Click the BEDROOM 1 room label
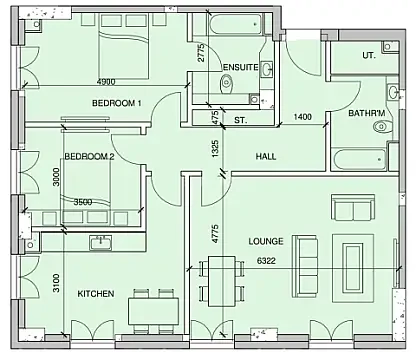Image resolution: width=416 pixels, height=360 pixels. coord(118,104)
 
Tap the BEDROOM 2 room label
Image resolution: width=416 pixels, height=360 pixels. coord(90,157)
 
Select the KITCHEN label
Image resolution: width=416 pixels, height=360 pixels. coord(96,293)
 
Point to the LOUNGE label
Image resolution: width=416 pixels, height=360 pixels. coord(266,242)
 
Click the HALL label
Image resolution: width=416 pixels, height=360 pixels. coord(265,157)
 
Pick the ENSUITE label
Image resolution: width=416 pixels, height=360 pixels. coord(240,68)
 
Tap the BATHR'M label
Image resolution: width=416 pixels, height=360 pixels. coord(366,114)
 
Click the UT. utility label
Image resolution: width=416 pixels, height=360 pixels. coord(369,56)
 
